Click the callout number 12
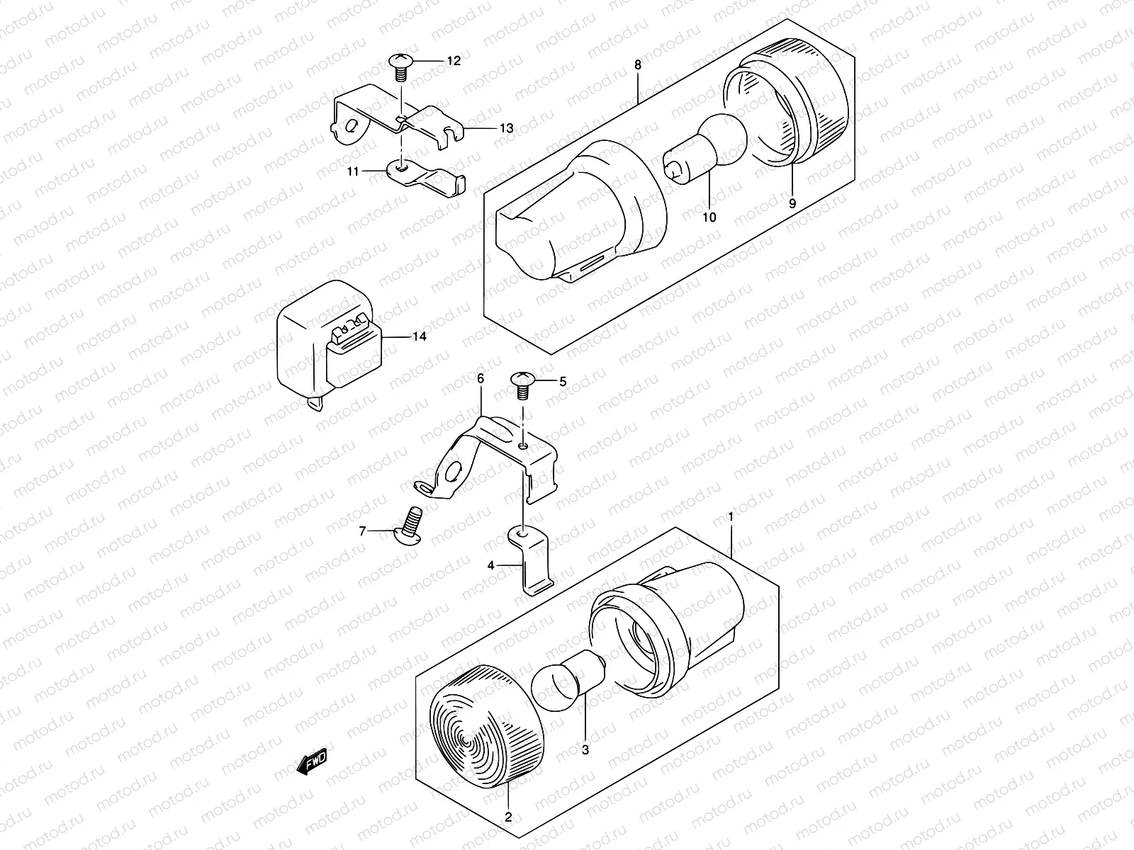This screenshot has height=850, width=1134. tap(453, 62)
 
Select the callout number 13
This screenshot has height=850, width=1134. tap(506, 128)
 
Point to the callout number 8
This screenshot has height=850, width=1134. tap(637, 65)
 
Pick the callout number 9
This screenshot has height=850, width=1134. tap(792, 203)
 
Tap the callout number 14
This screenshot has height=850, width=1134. tap(420, 336)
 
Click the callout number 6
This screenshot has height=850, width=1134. tap(480, 379)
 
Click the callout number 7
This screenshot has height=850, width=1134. tap(363, 531)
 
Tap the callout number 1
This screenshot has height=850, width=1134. tap(731, 518)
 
